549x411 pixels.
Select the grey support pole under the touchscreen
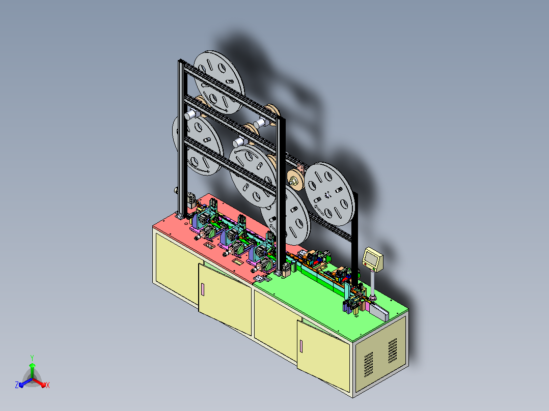373,283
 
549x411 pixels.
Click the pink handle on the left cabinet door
202,289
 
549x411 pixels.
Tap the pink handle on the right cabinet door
301,346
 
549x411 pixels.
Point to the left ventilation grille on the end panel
368,365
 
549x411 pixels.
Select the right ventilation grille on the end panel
393,350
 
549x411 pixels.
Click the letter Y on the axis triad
32,358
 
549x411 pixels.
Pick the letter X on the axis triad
48,385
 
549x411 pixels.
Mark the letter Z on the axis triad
16,385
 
